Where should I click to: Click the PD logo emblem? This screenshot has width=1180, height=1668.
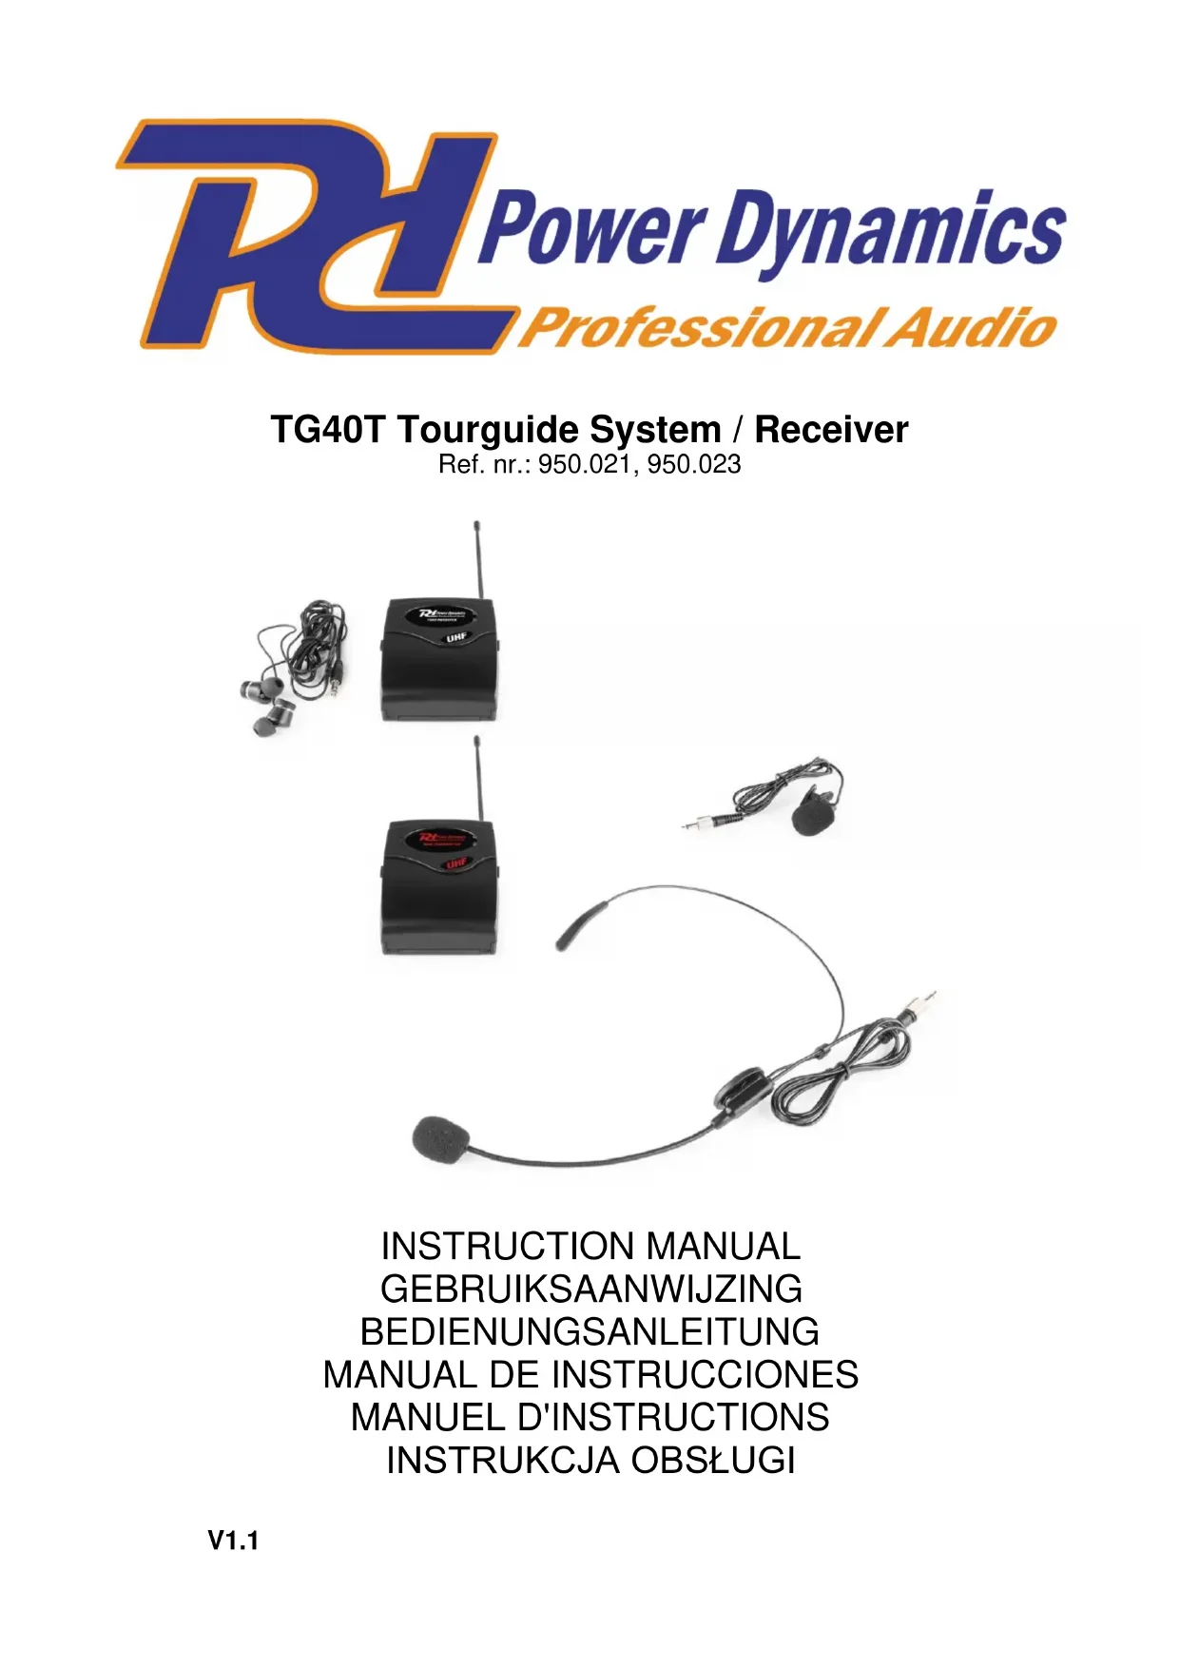[x=314, y=238]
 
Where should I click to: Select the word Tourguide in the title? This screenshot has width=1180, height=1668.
[x=559, y=430]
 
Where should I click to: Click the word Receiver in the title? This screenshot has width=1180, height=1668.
[x=831, y=430]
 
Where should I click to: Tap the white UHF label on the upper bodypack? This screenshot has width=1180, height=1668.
[x=457, y=636]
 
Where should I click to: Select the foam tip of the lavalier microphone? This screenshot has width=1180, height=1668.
[x=811, y=817]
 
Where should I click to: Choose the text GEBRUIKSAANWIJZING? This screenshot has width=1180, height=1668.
[x=590, y=1290]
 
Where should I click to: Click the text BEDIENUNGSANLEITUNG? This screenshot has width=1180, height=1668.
[x=590, y=1332]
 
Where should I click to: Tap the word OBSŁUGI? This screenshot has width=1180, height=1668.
[x=713, y=1460]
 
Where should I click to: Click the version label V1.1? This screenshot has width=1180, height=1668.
[x=233, y=1541]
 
